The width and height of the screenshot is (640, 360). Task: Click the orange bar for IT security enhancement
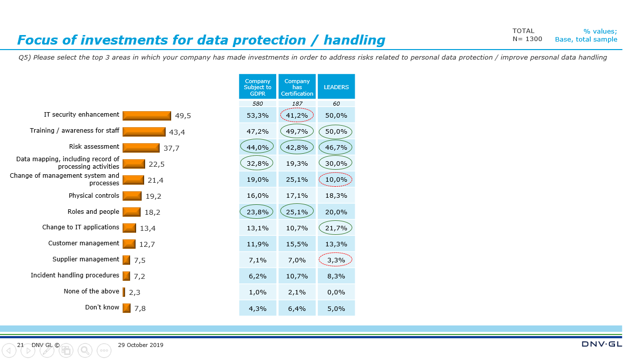147,116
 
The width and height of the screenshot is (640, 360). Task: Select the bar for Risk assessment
141,148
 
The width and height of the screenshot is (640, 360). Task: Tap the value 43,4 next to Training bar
177,132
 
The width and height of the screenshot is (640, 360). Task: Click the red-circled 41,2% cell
297,115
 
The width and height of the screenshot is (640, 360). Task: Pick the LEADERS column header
336,87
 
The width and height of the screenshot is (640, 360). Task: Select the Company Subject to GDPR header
258,87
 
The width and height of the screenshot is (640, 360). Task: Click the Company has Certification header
297,87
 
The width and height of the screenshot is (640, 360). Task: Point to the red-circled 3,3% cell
336,260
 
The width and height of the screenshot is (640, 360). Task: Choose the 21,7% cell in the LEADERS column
336,228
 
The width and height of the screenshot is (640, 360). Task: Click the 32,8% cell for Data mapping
258,163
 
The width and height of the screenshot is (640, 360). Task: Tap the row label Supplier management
86,259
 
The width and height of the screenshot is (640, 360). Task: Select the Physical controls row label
94,196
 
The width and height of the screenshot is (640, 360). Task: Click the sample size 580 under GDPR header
258,104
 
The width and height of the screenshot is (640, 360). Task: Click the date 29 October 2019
141,345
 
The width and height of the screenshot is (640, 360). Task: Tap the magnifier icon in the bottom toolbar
85,350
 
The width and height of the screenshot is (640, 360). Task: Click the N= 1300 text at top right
527,39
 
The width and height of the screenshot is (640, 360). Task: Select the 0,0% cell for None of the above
336,292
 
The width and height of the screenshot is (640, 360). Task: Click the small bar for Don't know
127,308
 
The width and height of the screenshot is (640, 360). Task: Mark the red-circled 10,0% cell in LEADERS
336,179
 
